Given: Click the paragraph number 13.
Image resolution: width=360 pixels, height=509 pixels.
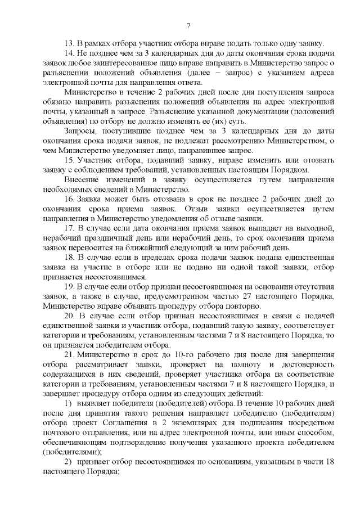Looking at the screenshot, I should [x=69, y=44].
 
